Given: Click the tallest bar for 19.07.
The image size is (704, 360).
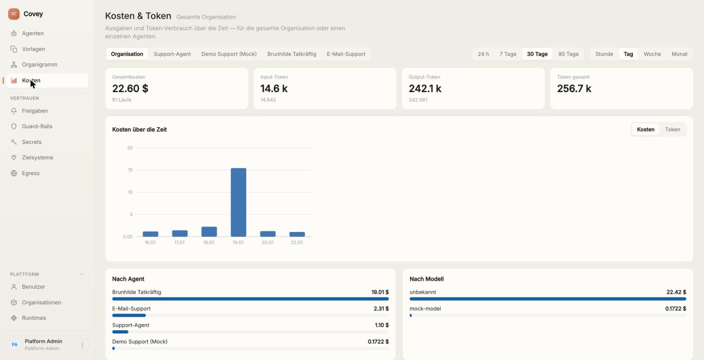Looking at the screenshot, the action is tap(238, 202).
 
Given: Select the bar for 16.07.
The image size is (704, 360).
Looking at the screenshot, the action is tap(150, 234).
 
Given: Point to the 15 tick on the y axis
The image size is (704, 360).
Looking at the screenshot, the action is tap(130, 170).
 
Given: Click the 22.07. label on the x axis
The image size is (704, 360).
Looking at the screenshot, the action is tap(297, 242).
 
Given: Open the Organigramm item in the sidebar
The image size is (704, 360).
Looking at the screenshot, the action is tap(39, 64).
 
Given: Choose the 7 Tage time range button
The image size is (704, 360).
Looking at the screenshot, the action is tap(508, 54).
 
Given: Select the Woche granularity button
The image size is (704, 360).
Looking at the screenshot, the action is tap(652, 54).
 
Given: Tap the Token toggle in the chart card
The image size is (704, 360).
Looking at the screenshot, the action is tap(673, 129).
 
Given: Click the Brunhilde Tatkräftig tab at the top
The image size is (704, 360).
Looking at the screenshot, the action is tap(292, 54).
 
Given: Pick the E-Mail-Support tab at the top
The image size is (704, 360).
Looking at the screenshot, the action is tap(346, 54).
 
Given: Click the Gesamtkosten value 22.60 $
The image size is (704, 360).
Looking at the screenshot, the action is tap(130, 89).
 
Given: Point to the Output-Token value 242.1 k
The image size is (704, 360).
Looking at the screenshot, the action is tap(425, 89).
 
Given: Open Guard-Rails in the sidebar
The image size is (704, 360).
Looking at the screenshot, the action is tap(37, 126).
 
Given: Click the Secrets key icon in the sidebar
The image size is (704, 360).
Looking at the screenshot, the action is tap(14, 142).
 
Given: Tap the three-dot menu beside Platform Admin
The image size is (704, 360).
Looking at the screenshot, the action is tap(82, 345).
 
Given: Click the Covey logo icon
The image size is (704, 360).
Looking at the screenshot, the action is tap(14, 14).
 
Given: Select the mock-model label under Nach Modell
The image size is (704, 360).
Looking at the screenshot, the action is tap(425, 309).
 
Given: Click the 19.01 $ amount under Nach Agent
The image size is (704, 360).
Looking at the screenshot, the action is tap(379, 292).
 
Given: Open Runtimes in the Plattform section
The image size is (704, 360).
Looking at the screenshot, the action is tap(34, 318).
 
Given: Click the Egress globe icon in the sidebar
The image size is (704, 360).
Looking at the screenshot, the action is tap(14, 173).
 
